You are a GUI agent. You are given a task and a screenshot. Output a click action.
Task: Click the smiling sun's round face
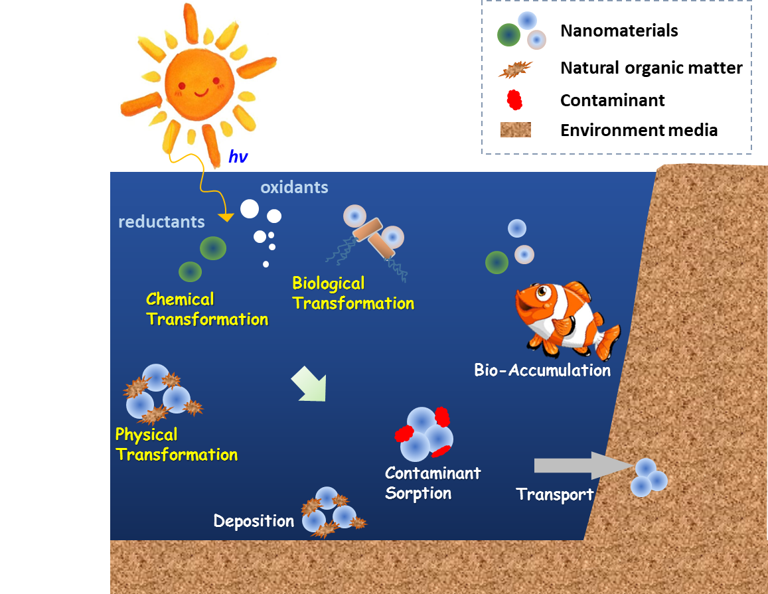[x=199, y=84]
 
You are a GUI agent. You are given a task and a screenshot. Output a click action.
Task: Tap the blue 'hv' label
[x=238, y=157]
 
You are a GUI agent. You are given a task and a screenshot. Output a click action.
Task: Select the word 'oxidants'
[x=294, y=187]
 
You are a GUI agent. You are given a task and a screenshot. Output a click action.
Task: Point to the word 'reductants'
[x=162, y=222]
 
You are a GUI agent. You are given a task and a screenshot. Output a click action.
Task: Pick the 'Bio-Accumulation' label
[x=543, y=370]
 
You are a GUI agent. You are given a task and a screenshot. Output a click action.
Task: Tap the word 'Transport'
[x=555, y=494]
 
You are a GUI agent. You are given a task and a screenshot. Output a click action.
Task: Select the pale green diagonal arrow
[x=309, y=384]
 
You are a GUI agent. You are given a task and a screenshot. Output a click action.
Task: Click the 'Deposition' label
[x=254, y=521]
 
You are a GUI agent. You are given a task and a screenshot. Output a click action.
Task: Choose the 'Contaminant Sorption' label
[x=433, y=483]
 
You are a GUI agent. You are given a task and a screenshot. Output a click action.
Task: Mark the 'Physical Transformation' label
[x=177, y=445]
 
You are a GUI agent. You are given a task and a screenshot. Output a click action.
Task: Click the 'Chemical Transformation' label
[x=207, y=309]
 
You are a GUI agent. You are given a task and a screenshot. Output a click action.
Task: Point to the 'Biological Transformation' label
[x=353, y=293]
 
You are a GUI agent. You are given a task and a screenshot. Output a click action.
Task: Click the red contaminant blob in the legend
[x=514, y=100]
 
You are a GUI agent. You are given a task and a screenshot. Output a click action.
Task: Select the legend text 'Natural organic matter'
[x=651, y=68]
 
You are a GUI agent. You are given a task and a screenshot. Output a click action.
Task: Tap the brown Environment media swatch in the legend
[x=516, y=130]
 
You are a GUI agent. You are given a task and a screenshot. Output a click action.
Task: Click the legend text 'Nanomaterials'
[x=619, y=31]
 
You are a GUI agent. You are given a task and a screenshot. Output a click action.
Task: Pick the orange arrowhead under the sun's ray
[x=226, y=217]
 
